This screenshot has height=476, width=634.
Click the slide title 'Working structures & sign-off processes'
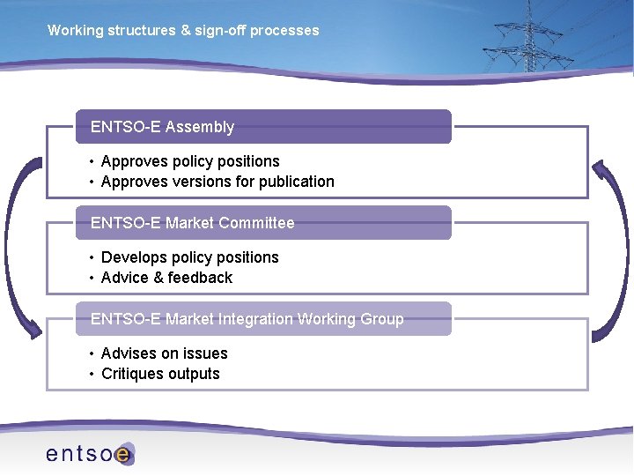point(183,31)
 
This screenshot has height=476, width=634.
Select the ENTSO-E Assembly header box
point(262,127)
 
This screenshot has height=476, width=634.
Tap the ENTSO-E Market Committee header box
point(262,223)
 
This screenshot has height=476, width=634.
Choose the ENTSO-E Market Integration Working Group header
point(262,319)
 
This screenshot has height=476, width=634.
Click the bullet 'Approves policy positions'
point(189,161)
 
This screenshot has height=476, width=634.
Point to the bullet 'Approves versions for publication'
point(217,182)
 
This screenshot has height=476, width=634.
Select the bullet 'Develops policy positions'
point(189,257)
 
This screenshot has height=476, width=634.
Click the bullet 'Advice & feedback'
point(166,278)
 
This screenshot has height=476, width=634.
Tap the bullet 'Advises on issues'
point(164,353)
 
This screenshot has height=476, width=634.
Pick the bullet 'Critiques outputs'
point(160,374)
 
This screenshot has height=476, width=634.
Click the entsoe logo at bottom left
point(89,454)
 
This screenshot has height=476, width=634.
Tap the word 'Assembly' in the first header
point(200,127)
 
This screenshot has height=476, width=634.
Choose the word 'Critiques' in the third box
point(132,374)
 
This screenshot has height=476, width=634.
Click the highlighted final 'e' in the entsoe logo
point(124,455)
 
